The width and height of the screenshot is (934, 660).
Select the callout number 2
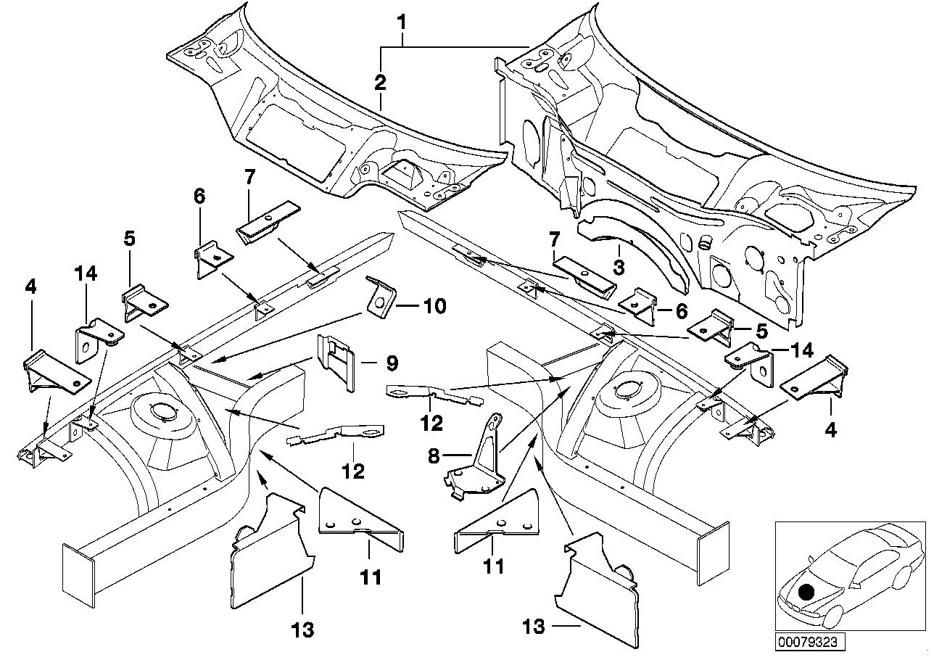pyautogui.click(x=380, y=83)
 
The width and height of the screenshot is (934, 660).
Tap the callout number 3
pyautogui.click(x=618, y=268)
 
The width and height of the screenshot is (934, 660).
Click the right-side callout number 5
pyautogui.click(x=761, y=330)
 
